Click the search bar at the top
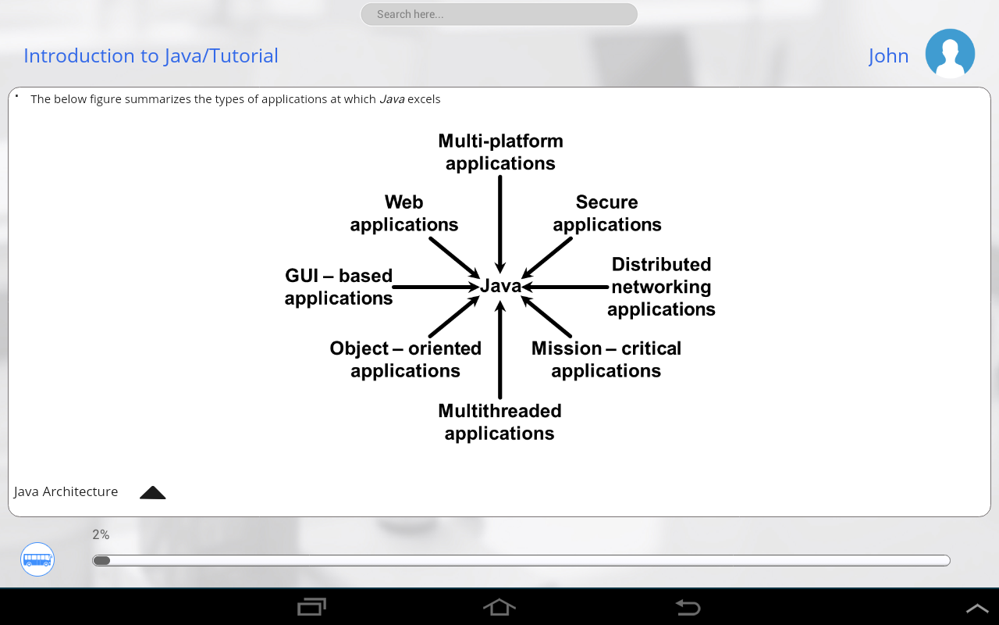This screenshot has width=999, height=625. (x=499, y=14)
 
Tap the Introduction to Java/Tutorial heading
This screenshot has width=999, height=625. (x=151, y=55)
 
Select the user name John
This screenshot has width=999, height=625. (x=888, y=56)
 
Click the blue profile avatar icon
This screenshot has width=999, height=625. (x=950, y=53)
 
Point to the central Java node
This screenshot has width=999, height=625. (x=500, y=286)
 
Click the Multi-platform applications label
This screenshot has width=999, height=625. (x=500, y=152)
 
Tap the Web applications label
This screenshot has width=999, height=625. (x=404, y=213)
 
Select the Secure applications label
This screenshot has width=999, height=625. (x=607, y=213)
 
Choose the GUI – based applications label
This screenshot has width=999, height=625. (x=339, y=287)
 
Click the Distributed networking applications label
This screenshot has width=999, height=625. (x=661, y=287)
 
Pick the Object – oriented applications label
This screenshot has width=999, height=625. (x=406, y=359)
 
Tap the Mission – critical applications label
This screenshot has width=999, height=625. (x=606, y=359)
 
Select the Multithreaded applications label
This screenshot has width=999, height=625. (x=499, y=422)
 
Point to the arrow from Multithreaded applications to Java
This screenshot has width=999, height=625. (x=500, y=352)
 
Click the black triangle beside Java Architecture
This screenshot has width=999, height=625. (x=153, y=492)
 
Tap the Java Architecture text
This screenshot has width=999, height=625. (x=66, y=491)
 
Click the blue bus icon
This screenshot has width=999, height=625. (x=37, y=559)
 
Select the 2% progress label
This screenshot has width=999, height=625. (x=101, y=535)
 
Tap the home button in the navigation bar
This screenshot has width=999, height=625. (x=499, y=607)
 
